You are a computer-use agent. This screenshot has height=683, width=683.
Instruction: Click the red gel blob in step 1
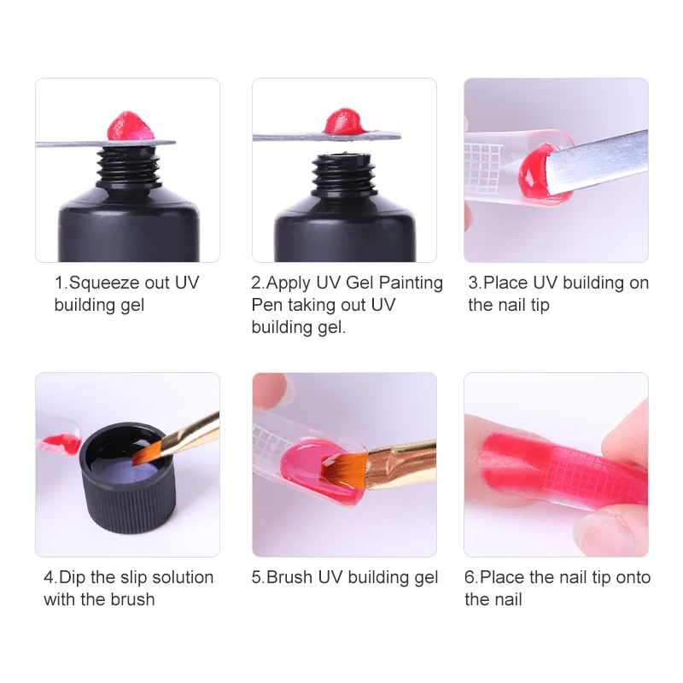[x=131, y=126]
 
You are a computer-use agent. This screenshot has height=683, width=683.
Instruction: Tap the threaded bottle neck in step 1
[x=126, y=166]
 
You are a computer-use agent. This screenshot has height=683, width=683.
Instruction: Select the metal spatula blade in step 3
[x=597, y=162]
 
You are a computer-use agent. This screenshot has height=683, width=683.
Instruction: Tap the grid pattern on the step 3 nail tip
[x=482, y=167]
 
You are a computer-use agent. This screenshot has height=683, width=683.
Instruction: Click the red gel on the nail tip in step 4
[x=61, y=443]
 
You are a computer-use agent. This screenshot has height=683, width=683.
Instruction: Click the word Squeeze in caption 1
[x=104, y=283]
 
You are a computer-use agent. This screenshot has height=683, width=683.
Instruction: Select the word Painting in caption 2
[x=411, y=283]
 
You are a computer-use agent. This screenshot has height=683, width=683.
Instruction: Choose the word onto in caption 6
[x=633, y=578]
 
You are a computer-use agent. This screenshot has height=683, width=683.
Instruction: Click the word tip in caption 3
[x=540, y=306]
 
